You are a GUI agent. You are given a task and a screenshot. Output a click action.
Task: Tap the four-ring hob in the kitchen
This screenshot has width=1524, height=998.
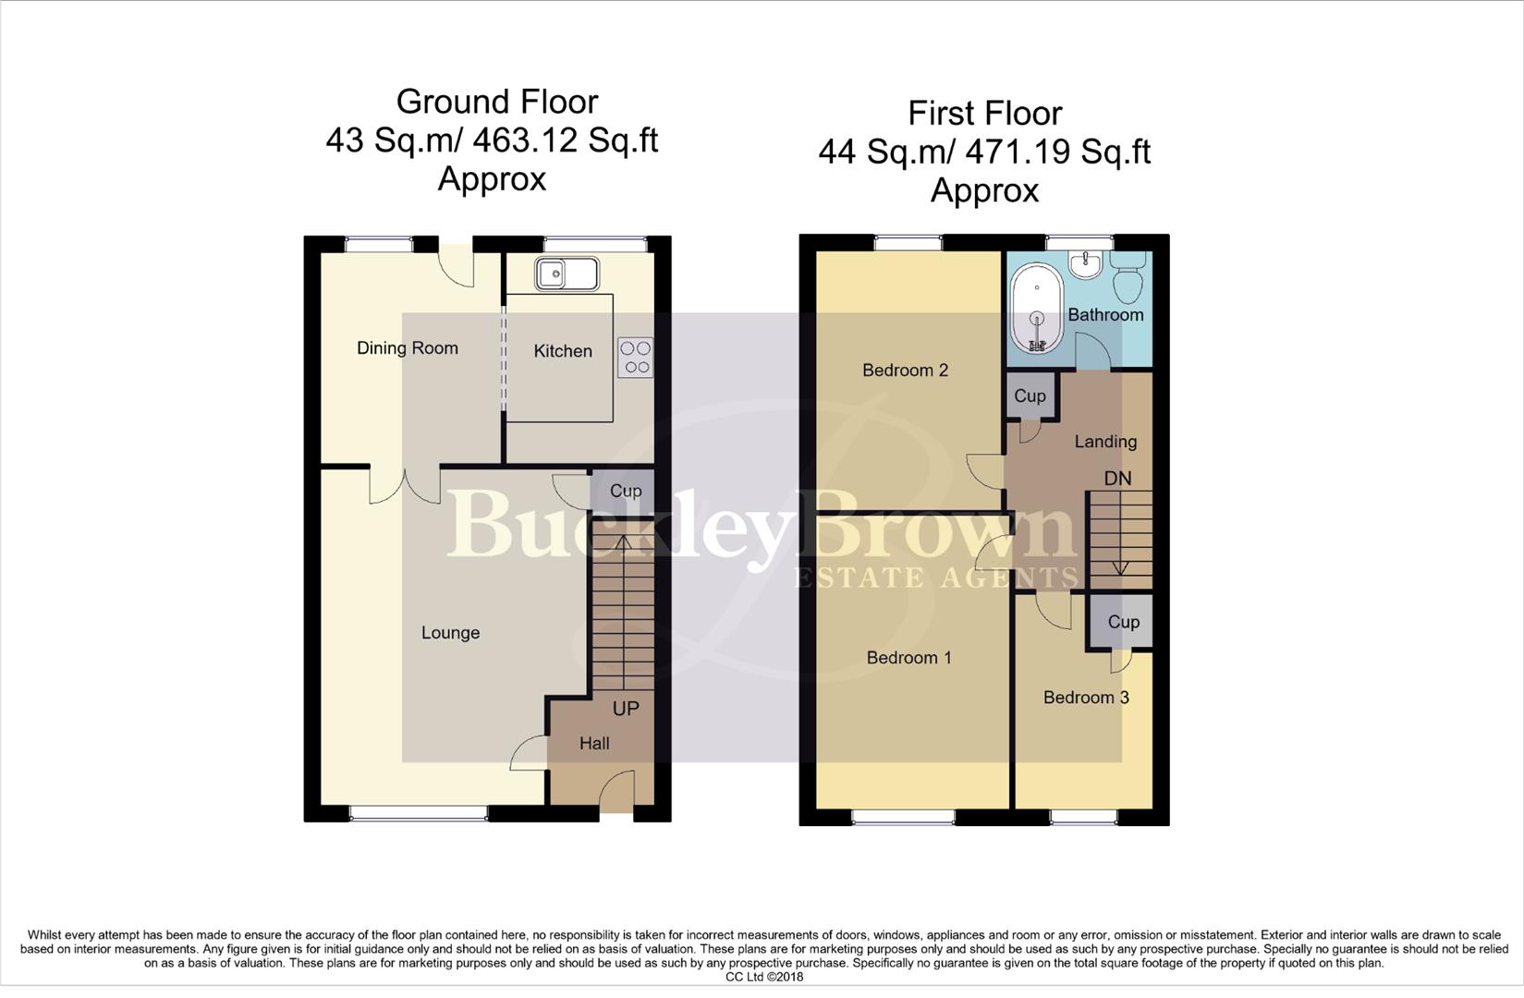pos(636,358)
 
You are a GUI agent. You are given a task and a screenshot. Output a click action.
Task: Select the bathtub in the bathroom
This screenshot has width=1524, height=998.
pos(1037,310)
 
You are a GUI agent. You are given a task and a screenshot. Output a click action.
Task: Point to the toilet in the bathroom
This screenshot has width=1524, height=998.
pos(1128,275)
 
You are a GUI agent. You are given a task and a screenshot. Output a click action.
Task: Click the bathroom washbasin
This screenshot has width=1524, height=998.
pos(1084,264)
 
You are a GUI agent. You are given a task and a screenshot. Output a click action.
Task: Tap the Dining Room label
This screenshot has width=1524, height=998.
pos(408,348)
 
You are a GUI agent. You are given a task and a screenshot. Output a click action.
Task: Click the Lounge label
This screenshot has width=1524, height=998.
pos(450,633)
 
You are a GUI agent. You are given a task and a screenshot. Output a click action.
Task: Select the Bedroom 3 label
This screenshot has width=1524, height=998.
pos(1086,698)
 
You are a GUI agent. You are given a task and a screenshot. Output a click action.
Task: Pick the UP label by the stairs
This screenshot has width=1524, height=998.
pos(626,709)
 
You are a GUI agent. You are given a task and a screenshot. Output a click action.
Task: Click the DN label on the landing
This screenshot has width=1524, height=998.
pos(1117,479)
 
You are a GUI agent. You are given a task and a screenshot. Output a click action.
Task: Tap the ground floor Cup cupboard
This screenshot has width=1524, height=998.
pos(625,491)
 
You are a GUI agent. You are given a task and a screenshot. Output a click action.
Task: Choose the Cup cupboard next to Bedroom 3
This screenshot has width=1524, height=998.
pos(1123,622)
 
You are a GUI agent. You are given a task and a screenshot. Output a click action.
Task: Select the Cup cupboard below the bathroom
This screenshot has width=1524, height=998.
pos(1030,396)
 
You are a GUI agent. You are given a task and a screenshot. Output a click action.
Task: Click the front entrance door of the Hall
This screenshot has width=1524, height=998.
pos(617,793)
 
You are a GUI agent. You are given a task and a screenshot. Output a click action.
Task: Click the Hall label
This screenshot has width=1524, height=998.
pos(594,744)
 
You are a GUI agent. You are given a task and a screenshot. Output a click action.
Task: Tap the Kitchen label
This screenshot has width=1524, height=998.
pos(563,351)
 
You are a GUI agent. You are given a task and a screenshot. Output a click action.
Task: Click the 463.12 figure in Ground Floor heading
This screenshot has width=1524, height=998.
pos(518,140)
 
